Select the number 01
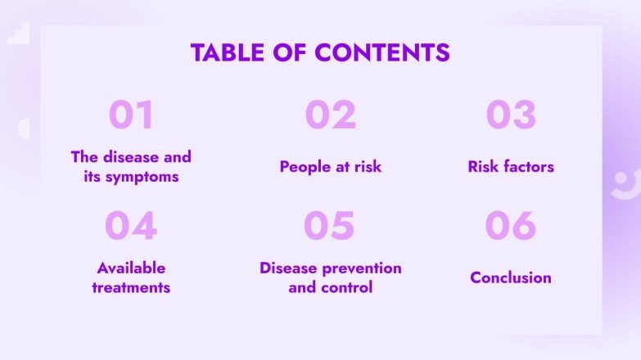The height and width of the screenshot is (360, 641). (131, 115)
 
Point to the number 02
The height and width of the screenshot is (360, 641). (331, 115)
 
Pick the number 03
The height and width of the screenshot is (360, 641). (511, 115)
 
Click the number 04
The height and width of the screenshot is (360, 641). (131, 227)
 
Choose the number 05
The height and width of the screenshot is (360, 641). (329, 227)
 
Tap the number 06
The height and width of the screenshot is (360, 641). (510, 227)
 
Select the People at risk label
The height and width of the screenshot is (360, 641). (331, 167)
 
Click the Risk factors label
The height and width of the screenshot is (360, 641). (511, 167)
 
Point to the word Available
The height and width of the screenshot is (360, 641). (131, 268)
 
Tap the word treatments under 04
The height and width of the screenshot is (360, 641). (131, 288)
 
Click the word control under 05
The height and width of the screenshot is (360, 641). (349, 288)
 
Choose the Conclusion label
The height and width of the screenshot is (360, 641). (511, 278)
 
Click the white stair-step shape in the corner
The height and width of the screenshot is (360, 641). (19, 32)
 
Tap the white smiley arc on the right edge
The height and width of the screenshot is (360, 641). (624, 185)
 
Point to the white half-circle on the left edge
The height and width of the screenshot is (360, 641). (24, 128)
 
